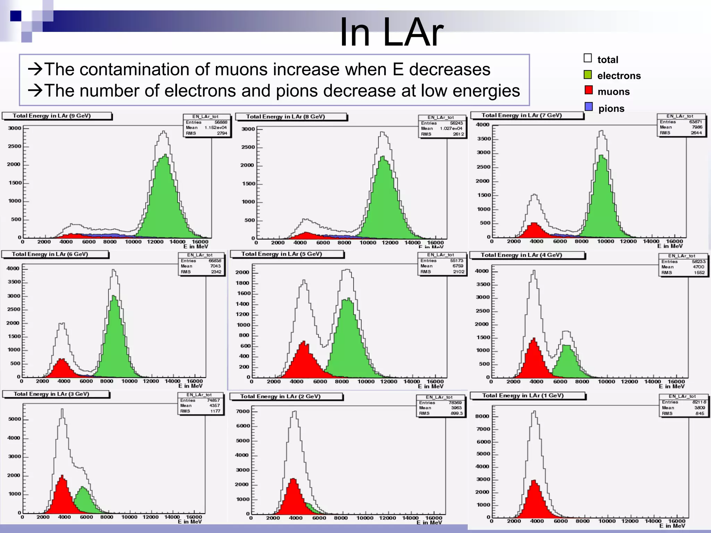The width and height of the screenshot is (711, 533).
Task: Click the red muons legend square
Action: (x=588, y=90)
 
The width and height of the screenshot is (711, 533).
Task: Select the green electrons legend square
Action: (x=588, y=74)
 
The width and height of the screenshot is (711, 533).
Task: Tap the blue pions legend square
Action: (x=588, y=107)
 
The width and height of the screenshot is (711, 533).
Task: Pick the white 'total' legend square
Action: (x=588, y=58)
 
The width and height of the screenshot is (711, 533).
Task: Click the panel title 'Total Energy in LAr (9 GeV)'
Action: (x=52, y=116)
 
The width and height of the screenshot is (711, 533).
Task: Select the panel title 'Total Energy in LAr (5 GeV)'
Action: (x=282, y=254)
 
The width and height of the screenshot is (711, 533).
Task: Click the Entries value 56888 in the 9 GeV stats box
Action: (x=221, y=122)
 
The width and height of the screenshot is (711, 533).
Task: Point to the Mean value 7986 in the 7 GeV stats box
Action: (x=697, y=127)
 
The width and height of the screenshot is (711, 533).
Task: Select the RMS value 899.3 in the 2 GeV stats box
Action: (x=457, y=413)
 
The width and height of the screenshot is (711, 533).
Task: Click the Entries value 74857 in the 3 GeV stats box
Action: (x=214, y=400)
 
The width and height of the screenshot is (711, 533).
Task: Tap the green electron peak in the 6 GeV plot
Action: (x=114, y=333)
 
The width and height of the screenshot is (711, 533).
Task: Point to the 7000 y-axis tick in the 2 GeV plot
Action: (x=243, y=412)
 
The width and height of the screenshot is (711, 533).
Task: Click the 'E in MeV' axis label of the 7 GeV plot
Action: (x=670, y=246)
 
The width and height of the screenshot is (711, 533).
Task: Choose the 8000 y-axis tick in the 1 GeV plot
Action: (x=482, y=416)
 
